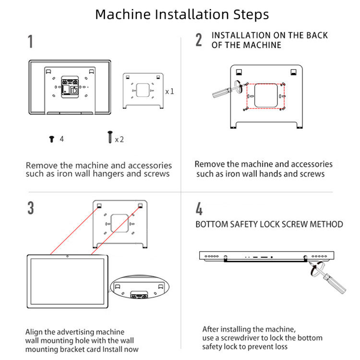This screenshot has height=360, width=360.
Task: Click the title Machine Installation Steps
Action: point(182,14)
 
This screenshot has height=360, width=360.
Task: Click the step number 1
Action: point(31,41)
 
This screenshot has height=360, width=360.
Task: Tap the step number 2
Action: point(199,40)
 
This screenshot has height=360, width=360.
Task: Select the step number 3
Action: point(31,208)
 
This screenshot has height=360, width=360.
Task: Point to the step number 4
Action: point(199,209)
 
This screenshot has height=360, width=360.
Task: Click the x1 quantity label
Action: point(169,91)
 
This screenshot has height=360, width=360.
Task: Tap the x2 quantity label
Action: point(119,139)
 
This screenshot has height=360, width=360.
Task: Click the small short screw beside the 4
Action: point(51,139)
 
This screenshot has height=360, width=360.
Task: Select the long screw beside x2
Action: point(109,137)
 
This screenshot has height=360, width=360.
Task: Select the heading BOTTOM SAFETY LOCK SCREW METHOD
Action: point(269,224)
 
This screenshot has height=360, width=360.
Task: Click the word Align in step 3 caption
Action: point(35,332)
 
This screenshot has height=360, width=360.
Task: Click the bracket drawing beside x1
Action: point(143,90)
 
